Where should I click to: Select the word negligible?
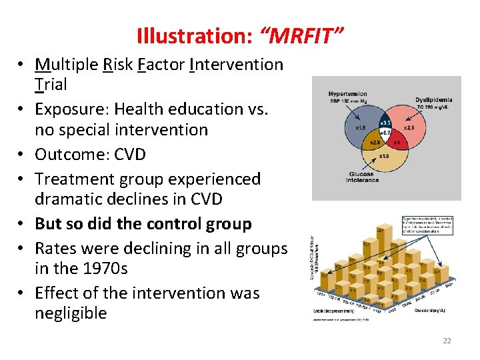coord(71,313)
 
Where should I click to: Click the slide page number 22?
coord(447,341)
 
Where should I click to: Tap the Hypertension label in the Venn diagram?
coord(347,94)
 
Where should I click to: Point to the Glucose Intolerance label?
coord(362,177)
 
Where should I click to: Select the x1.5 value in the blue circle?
coord(360,127)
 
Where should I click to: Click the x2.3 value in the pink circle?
coord(409,127)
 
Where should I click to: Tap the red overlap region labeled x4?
coord(397,143)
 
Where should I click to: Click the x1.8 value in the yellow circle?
coord(384,157)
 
